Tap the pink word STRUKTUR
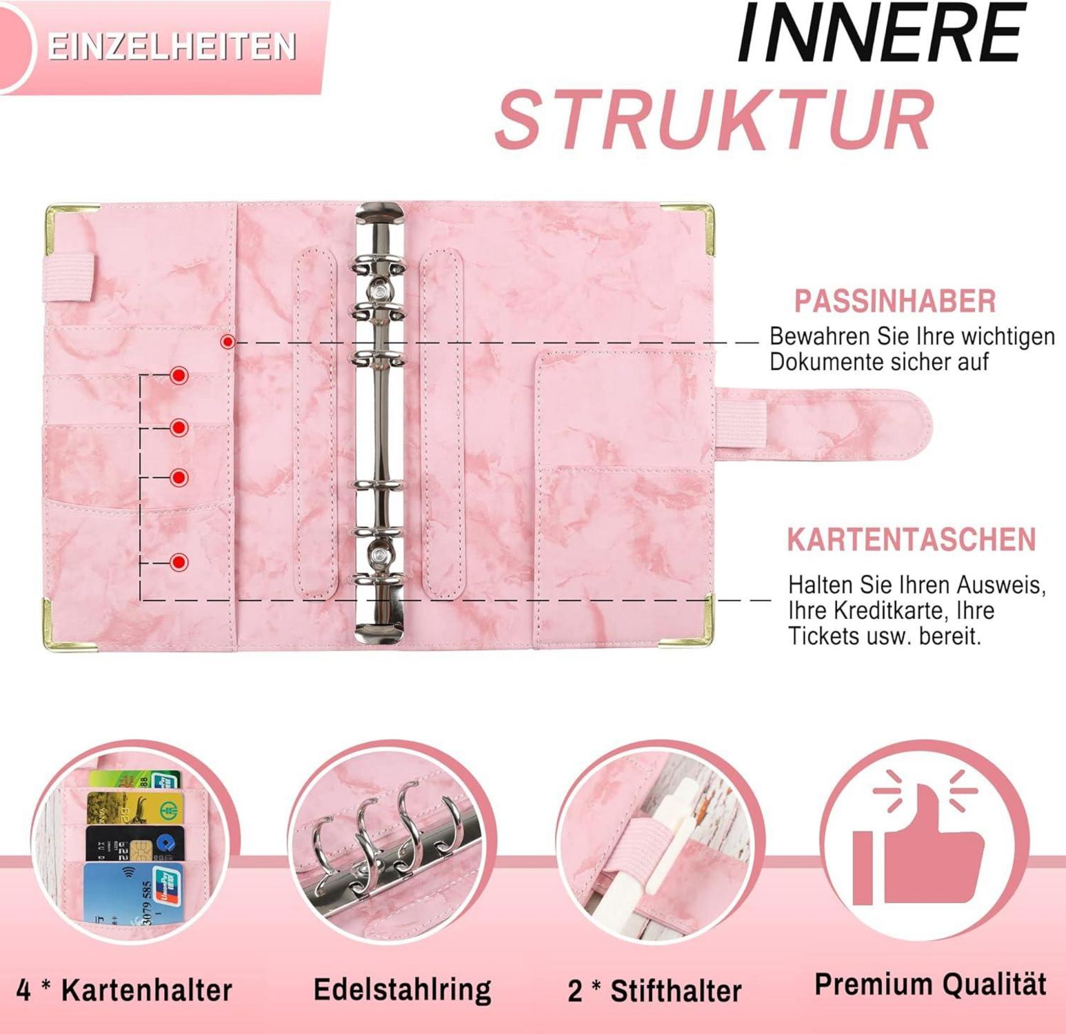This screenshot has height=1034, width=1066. tap(714, 121)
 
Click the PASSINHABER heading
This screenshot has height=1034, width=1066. tap(895, 301)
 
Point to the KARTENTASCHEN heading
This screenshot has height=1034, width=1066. tap(912, 540)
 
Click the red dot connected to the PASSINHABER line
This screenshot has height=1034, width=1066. tap(228, 341)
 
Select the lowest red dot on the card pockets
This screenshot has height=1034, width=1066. tap(179, 562)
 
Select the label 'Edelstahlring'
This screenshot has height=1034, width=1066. tap(402, 989)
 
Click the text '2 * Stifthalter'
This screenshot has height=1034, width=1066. tap(654, 991)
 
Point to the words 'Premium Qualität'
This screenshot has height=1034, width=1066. tap(930, 984)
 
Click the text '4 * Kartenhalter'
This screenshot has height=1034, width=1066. tap(124, 991)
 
